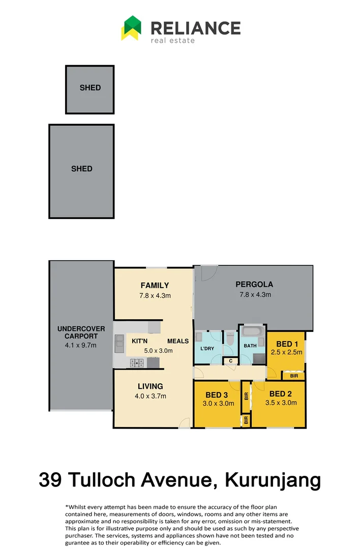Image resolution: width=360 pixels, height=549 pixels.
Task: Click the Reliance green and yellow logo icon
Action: coord(131,27)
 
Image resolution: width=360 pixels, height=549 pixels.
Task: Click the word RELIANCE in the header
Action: coord(195,27)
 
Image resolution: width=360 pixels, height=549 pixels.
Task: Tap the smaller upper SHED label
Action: coord(90,87)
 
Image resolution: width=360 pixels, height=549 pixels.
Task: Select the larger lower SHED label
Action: coord(82,169)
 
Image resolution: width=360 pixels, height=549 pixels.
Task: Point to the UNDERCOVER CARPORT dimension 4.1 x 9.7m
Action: coord(81,345)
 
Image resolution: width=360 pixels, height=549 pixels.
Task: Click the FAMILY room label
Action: coord(155,286)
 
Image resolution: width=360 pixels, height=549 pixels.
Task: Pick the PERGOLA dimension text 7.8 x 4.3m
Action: coord(255,294)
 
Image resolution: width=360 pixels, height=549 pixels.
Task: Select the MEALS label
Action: coord(178,341)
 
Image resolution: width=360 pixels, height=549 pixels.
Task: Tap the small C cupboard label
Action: coord(231,361)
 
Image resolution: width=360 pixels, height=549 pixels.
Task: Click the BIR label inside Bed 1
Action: coord(294,376)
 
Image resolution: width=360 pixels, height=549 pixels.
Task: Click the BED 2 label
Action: coord(281,394)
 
